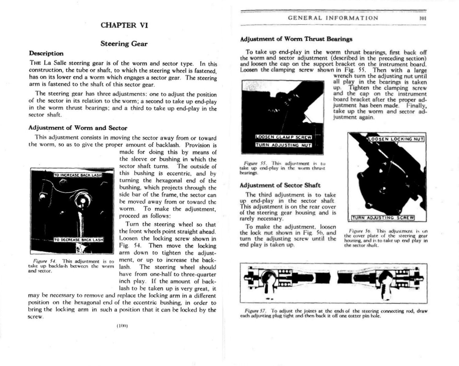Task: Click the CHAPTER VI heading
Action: (124, 25)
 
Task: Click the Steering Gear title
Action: (124, 44)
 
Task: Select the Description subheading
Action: (46, 53)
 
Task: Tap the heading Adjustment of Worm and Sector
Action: (78, 128)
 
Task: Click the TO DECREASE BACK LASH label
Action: (78, 240)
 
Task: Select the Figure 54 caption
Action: (71, 266)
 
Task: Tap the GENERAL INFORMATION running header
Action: (333, 18)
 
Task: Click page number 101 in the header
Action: (423, 18)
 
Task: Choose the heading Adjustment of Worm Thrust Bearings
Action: (296, 39)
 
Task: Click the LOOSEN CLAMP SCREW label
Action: (284, 137)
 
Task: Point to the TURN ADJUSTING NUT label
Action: (284, 145)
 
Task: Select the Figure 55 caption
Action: (282, 168)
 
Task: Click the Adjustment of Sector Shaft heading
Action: (280, 185)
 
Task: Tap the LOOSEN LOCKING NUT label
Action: (396, 139)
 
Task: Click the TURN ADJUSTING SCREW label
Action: (383, 218)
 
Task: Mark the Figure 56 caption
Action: (385, 238)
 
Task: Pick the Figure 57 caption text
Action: (333, 313)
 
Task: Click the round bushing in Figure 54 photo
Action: (82, 201)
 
